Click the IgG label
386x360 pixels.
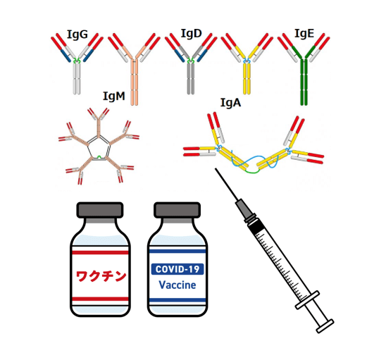coord(77,35)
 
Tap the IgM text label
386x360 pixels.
coord(114,97)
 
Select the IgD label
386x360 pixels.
coord(192,34)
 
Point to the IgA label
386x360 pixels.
coord(230,103)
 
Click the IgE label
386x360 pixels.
coord(304,34)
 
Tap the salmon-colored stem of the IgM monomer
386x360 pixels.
coord(134,82)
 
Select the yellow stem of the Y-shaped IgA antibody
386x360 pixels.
coord(247,79)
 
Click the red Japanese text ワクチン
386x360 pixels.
coord(101,276)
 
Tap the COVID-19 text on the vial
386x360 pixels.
coord(178,269)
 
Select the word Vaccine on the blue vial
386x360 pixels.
coord(178,285)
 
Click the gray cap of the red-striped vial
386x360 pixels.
coord(100,210)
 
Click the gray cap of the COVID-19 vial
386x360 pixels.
coord(178,210)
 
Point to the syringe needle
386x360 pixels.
coord(227,184)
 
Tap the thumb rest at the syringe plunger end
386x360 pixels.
coord(325,326)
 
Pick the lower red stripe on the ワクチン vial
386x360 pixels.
coord(100,299)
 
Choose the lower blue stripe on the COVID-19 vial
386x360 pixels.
coord(178,300)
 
